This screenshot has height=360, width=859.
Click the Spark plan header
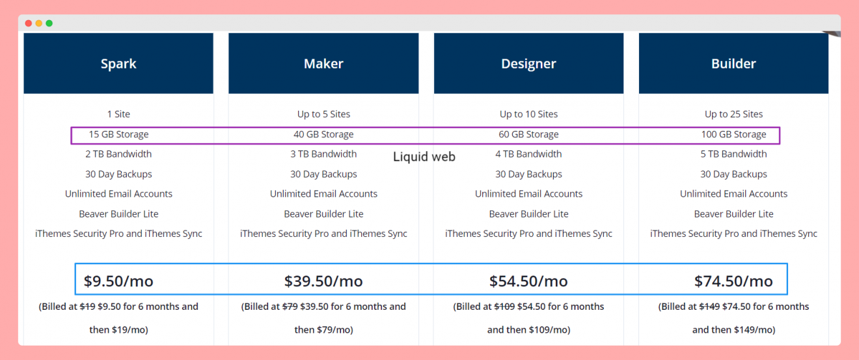pyautogui.click(x=118, y=64)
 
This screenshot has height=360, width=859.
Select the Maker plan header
pyautogui.click(x=323, y=64)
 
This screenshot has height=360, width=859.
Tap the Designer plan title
pyautogui.click(x=528, y=64)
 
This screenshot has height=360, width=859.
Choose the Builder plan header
pyautogui.click(x=733, y=64)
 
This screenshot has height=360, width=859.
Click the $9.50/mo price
pyautogui.click(x=118, y=281)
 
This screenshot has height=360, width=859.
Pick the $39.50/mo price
pyautogui.click(x=323, y=281)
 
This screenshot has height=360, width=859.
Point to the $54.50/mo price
pyautogui.click(x=528, y=281)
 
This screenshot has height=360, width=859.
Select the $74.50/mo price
pyautogui.click(x=733, y=281)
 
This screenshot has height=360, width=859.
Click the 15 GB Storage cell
pyautogui.click(x=118, y=135)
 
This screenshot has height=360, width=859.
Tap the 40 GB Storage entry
pyautogui.click(x=323, y=135)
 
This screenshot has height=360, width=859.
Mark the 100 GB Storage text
pyautogui.click(x=733, y=135)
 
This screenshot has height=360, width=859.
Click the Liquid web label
pyautogui.click(x=424, y=157)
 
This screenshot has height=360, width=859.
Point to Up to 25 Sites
pyautogui.click(x=733, y=114)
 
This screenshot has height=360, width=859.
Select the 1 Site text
pyautogui.click(x=118, y=114)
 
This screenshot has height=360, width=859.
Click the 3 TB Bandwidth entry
pyautogui.click(x=323, y=154)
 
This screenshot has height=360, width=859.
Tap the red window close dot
pyautogui.click(x=29, y=23)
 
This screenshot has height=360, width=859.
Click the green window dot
pyautogui.click(x=49, y=23)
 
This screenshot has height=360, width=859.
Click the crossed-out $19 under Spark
pyautogui.click(x=87, y=307)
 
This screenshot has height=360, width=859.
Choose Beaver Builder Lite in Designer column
pyautogui.click(x=528, y=214)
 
